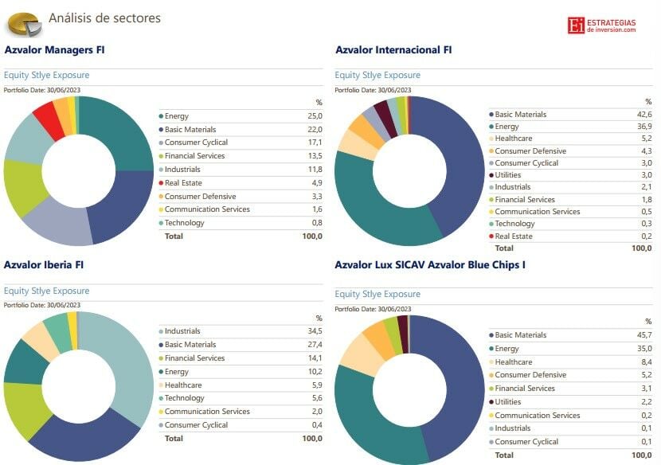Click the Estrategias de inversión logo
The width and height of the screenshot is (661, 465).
tap(602, 25)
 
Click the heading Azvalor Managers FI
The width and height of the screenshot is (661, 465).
tap(54, 49)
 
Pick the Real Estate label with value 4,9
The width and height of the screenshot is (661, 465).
tap(183, 183)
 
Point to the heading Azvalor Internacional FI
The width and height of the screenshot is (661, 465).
tap(393, 49)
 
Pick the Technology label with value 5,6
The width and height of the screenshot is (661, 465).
tap(184, 398)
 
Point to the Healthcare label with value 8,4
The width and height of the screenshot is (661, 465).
tap(514, 361)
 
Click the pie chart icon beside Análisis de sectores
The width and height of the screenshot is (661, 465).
tap(23, 24)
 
